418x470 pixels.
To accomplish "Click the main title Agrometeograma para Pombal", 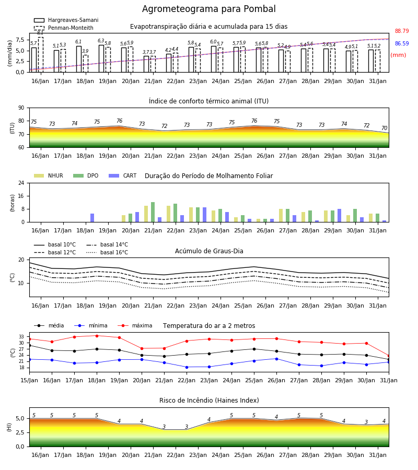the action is point(208,9).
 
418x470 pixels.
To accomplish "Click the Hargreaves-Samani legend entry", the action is point(66,20).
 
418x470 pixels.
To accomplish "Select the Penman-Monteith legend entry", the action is point(64,28).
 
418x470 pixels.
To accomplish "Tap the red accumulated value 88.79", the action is point(402,31).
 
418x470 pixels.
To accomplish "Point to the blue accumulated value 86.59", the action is point(402,43).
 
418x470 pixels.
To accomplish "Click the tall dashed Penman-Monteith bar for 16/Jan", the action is point(40,54).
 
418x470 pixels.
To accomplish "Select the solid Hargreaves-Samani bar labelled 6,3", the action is point(101,58).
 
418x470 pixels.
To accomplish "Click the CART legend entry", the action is point(123,175).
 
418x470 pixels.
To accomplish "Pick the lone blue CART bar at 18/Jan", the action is point(92,218).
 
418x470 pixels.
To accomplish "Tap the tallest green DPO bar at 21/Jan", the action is point(153,212).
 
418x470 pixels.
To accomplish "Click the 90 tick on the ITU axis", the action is point(21,108).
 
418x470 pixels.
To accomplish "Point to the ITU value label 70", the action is point(384,128).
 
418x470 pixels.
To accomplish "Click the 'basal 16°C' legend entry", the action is point(107,252).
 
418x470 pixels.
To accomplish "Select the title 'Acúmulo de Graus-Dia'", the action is point(209,251).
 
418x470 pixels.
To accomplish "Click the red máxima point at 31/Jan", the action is point(389,356).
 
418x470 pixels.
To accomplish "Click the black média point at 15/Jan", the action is point(29,345).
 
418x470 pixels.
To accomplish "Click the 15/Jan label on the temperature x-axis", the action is point(29,380).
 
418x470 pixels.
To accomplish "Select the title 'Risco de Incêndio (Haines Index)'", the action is point(209,401).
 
